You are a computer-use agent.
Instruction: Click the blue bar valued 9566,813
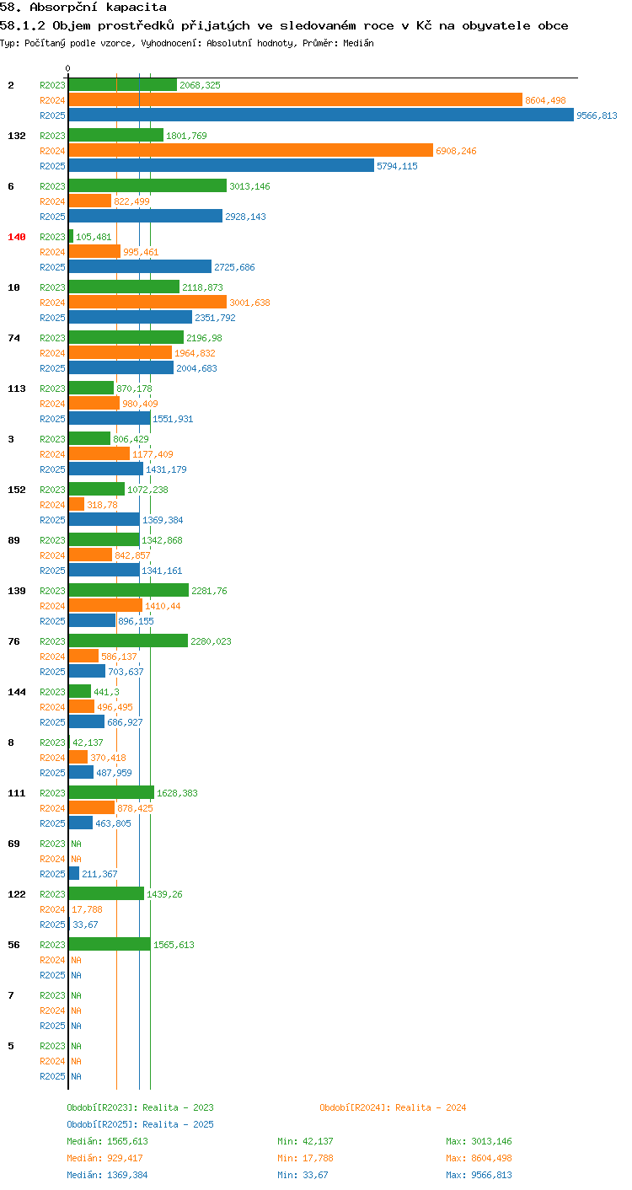click(321, 115)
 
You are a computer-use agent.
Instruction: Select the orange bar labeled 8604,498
click(296, 100)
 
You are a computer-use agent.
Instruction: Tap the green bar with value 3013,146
click(147, 185)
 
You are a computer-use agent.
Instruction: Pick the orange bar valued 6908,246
click(251, 150)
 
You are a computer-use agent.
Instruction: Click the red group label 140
click(17, 237)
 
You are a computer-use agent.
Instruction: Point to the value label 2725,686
click(234, 267)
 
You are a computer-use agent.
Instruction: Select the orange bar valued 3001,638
click(147, 302)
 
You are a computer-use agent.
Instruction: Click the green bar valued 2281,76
click(129, 590)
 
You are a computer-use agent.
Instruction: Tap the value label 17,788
click(87, 909)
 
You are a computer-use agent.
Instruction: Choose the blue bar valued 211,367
click(74, 873)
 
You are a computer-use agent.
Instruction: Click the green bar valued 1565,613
click(110, 944)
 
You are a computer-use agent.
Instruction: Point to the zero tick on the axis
click(68, 68)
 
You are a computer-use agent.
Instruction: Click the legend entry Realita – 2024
click(393, 1107)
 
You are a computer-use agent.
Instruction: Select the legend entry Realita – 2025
click(140, 1124)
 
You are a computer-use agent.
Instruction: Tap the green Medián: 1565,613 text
click(107, 1141)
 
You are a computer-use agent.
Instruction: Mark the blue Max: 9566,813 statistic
click(479, 1175)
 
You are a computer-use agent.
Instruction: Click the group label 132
click(17, 136)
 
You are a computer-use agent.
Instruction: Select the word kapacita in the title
click(136, 8)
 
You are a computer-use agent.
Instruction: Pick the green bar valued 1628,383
click(111, 792)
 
